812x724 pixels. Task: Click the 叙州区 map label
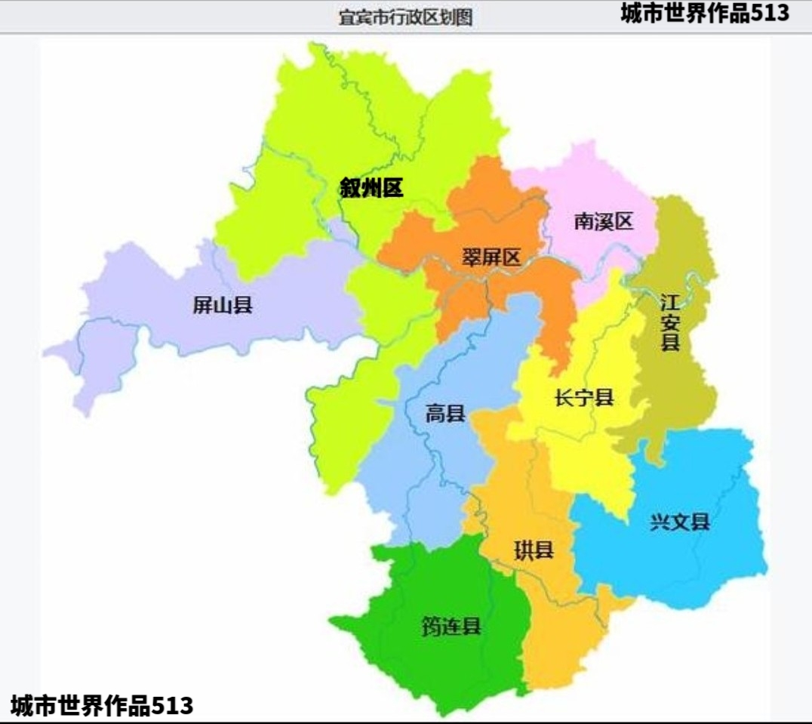point(371,188)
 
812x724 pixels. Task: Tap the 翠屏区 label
point(491,257)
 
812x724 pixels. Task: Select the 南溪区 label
point(603,221)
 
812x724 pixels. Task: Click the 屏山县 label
point(222,306)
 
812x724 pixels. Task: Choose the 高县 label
point(445,414)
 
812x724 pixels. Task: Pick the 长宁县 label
point(583,398)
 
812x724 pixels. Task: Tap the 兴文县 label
point(680,522)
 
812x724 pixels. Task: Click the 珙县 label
point(534,550)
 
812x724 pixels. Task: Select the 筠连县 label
point(451,626)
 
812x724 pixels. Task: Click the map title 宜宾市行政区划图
point(405,17)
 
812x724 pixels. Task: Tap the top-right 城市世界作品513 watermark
point(705,13)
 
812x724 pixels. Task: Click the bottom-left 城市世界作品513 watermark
point(102,706)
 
